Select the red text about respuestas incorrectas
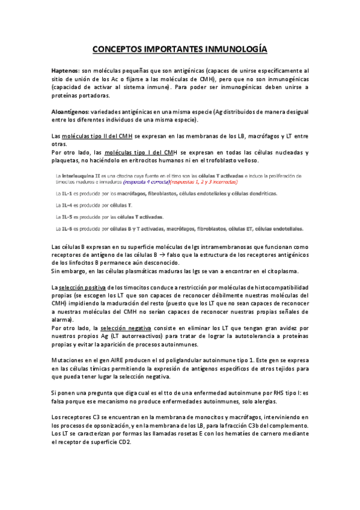tap(203, 181)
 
